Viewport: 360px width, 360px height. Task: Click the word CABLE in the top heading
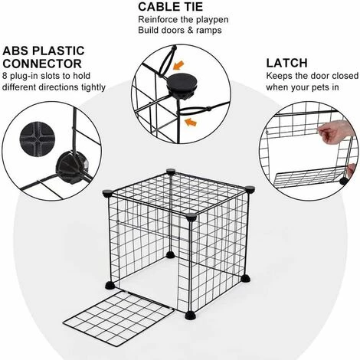[156, 7]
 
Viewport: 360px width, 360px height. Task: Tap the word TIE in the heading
[190, 7]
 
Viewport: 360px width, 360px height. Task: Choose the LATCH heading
[286, 63]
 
